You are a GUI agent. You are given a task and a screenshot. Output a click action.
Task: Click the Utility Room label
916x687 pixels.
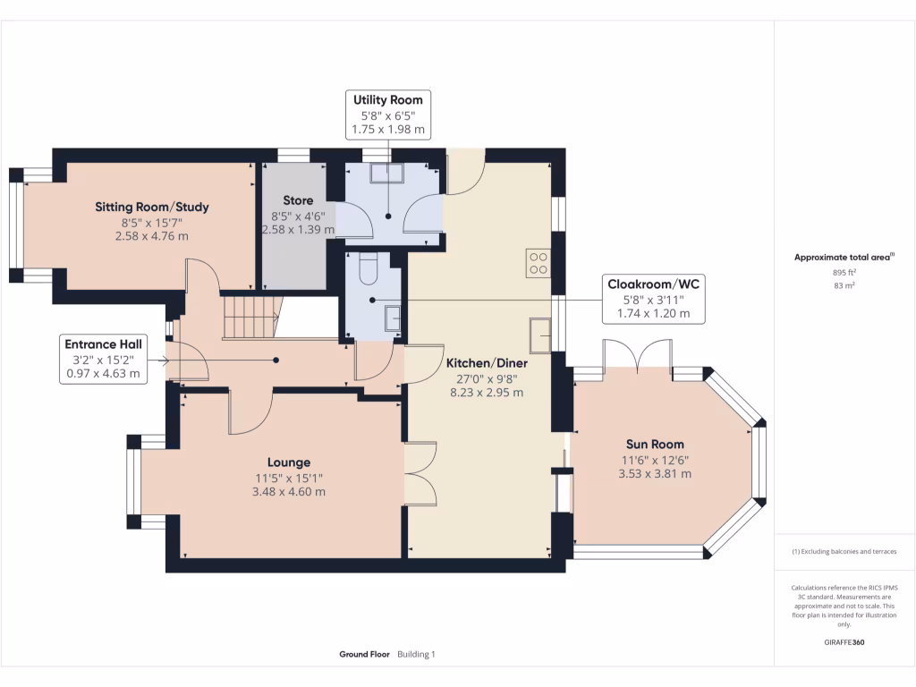[x=388, y=100]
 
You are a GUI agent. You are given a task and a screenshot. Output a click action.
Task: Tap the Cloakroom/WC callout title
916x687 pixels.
[x=653, y=284]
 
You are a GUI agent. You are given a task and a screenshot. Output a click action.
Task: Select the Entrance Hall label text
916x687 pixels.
[x=104, y=344]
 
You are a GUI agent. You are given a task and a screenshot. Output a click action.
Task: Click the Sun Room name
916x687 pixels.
[x=655, y=444]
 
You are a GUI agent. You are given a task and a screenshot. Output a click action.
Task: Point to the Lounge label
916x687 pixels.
[x=289, y=462]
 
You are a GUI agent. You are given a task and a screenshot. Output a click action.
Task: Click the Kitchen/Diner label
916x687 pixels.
[x=487, y=363]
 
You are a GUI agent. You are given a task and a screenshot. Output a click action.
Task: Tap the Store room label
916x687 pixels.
[x=298, y=200]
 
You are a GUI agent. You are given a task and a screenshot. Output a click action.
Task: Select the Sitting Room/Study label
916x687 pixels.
[x=152, y=207]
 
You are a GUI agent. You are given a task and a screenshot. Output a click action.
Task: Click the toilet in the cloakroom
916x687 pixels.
[x=368, y=267]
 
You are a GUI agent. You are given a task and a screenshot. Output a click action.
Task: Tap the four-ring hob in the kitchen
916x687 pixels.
[x=538, y=263]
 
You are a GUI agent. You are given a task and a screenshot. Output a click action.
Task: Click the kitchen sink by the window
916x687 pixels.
[x=540, y=335]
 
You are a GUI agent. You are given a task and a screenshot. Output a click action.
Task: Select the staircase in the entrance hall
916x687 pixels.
[x=251, y=317]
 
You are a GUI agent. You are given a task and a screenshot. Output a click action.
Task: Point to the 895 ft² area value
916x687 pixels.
[x=844, y=272]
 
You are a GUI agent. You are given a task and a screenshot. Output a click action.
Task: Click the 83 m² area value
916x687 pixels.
[x=844, y=285]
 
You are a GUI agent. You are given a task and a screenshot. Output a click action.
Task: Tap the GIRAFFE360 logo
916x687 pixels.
[x=844, y=642]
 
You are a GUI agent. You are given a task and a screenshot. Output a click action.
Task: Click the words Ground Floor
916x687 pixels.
[x=365, y=654]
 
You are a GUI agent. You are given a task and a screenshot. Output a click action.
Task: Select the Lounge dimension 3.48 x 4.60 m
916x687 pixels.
[x=289, y=492]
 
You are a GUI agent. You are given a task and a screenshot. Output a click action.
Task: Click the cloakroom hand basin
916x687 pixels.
[x=392, y=318]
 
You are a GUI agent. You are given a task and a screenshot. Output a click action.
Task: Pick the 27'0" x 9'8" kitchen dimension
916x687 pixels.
[x=487, y=378]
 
